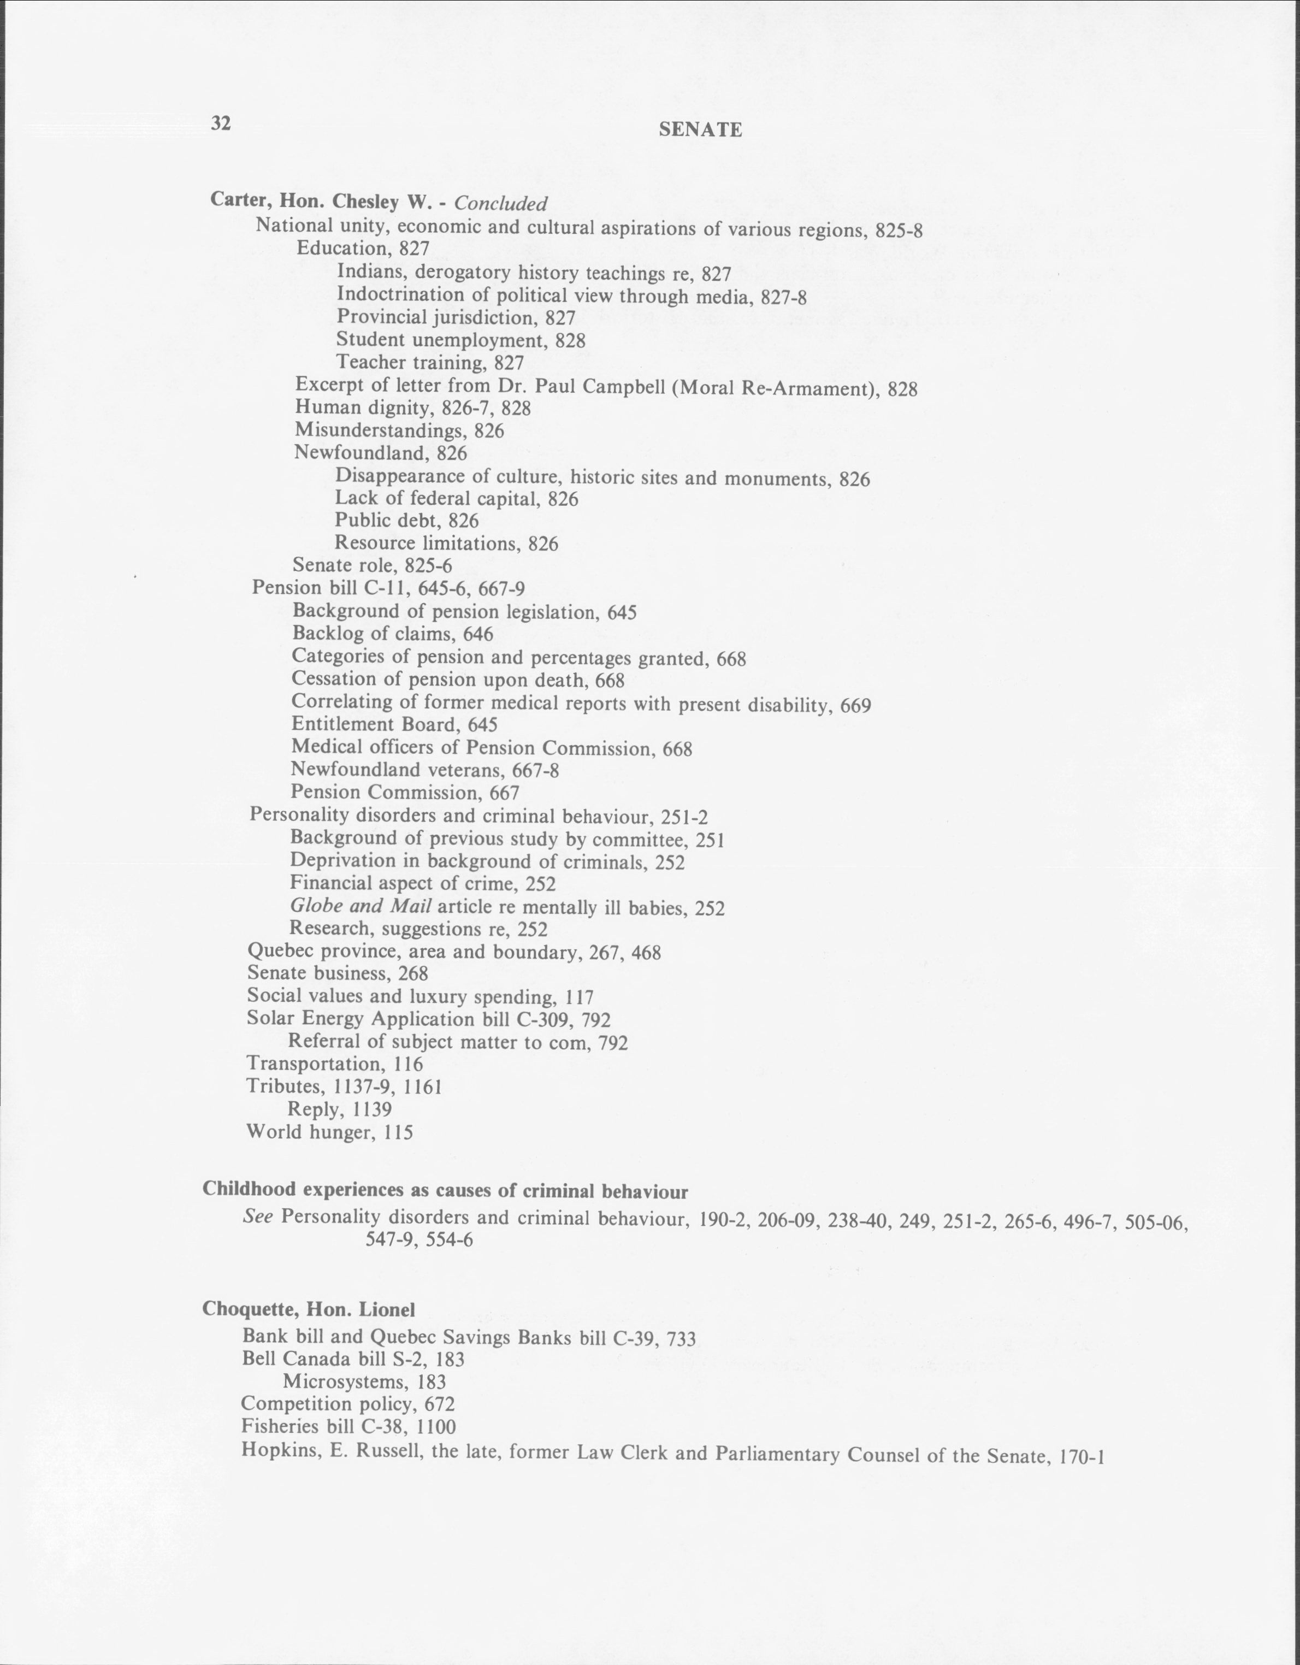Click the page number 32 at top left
point(221,123)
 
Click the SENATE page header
point(700,131)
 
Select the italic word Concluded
point(501,204)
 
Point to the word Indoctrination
point(401,294)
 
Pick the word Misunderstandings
point(380,431)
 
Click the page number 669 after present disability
point(855,706)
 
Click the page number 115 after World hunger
point(398,1133)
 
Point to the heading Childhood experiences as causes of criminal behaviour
point(445,1191)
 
